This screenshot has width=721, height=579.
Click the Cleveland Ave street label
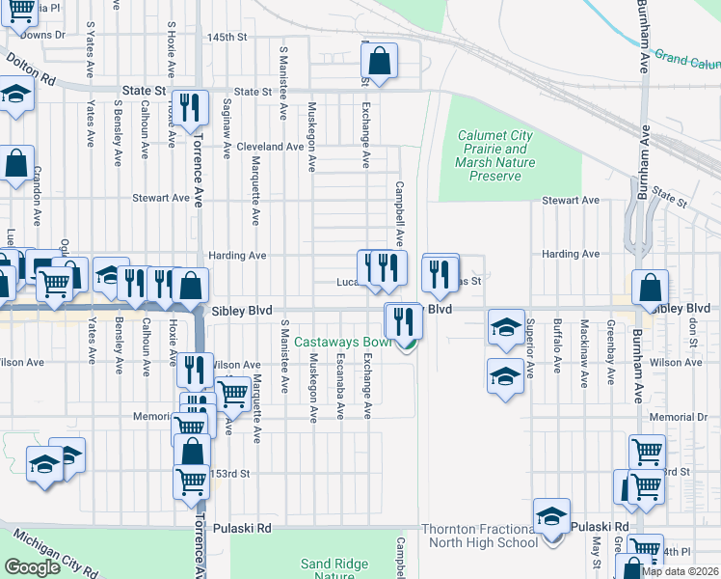pos(271,147)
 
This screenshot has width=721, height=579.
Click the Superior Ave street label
pos(529,346)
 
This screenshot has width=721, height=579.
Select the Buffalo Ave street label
pos(557,346)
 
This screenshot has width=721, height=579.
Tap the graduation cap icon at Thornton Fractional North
pos(551,516)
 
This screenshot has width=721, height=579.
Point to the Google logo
pos(32,566)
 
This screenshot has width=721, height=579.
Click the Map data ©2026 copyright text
pos(680,571)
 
